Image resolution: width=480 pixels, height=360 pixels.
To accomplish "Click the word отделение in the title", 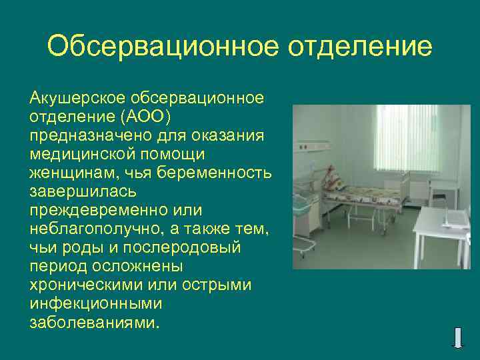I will tap(360, 47).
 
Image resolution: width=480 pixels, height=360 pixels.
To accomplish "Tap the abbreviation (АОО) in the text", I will tap(145, 117).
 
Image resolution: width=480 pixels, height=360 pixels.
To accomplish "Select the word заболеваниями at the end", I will tap(93, 323).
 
